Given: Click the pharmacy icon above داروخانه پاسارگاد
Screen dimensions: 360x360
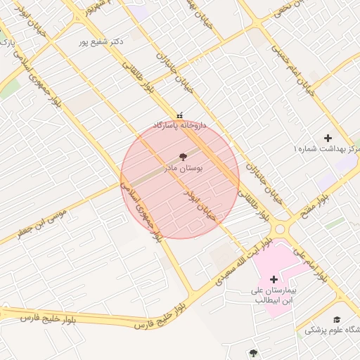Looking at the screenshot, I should (180, 115).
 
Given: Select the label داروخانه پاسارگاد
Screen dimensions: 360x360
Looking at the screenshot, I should (181, 125).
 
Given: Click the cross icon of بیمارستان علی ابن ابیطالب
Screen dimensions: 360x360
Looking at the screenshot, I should (274, 279).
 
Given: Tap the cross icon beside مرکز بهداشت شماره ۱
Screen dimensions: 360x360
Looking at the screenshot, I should (327, 138).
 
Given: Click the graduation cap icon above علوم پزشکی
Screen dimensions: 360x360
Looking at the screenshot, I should (336, 320).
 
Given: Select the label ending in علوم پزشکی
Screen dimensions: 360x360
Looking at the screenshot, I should (335, 330).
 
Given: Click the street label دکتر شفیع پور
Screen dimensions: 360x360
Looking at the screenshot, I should (102, 41).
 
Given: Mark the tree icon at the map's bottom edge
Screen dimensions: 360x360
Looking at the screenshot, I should (253, 352).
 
